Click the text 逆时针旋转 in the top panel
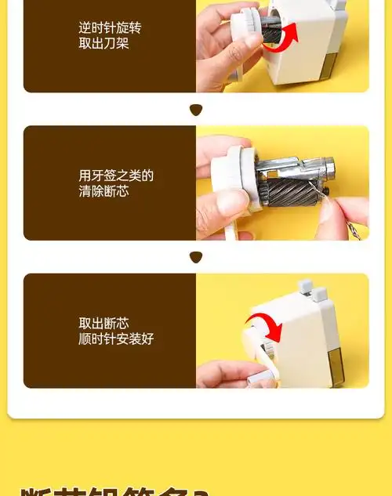(x=110, y=28)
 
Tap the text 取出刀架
(x=103, y=43)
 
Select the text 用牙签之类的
(x=116, y=176)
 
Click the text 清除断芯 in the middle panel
(x=103, y=190)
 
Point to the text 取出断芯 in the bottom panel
(x=103, y=323)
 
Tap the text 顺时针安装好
(x=116, y=339)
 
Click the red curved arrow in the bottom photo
(x=262, y=325)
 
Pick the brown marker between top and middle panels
(x=196, y=109)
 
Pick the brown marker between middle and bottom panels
(x=196, y=256)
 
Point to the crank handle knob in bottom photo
(x=260, y=379)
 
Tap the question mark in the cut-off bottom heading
(x=201, y=491)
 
